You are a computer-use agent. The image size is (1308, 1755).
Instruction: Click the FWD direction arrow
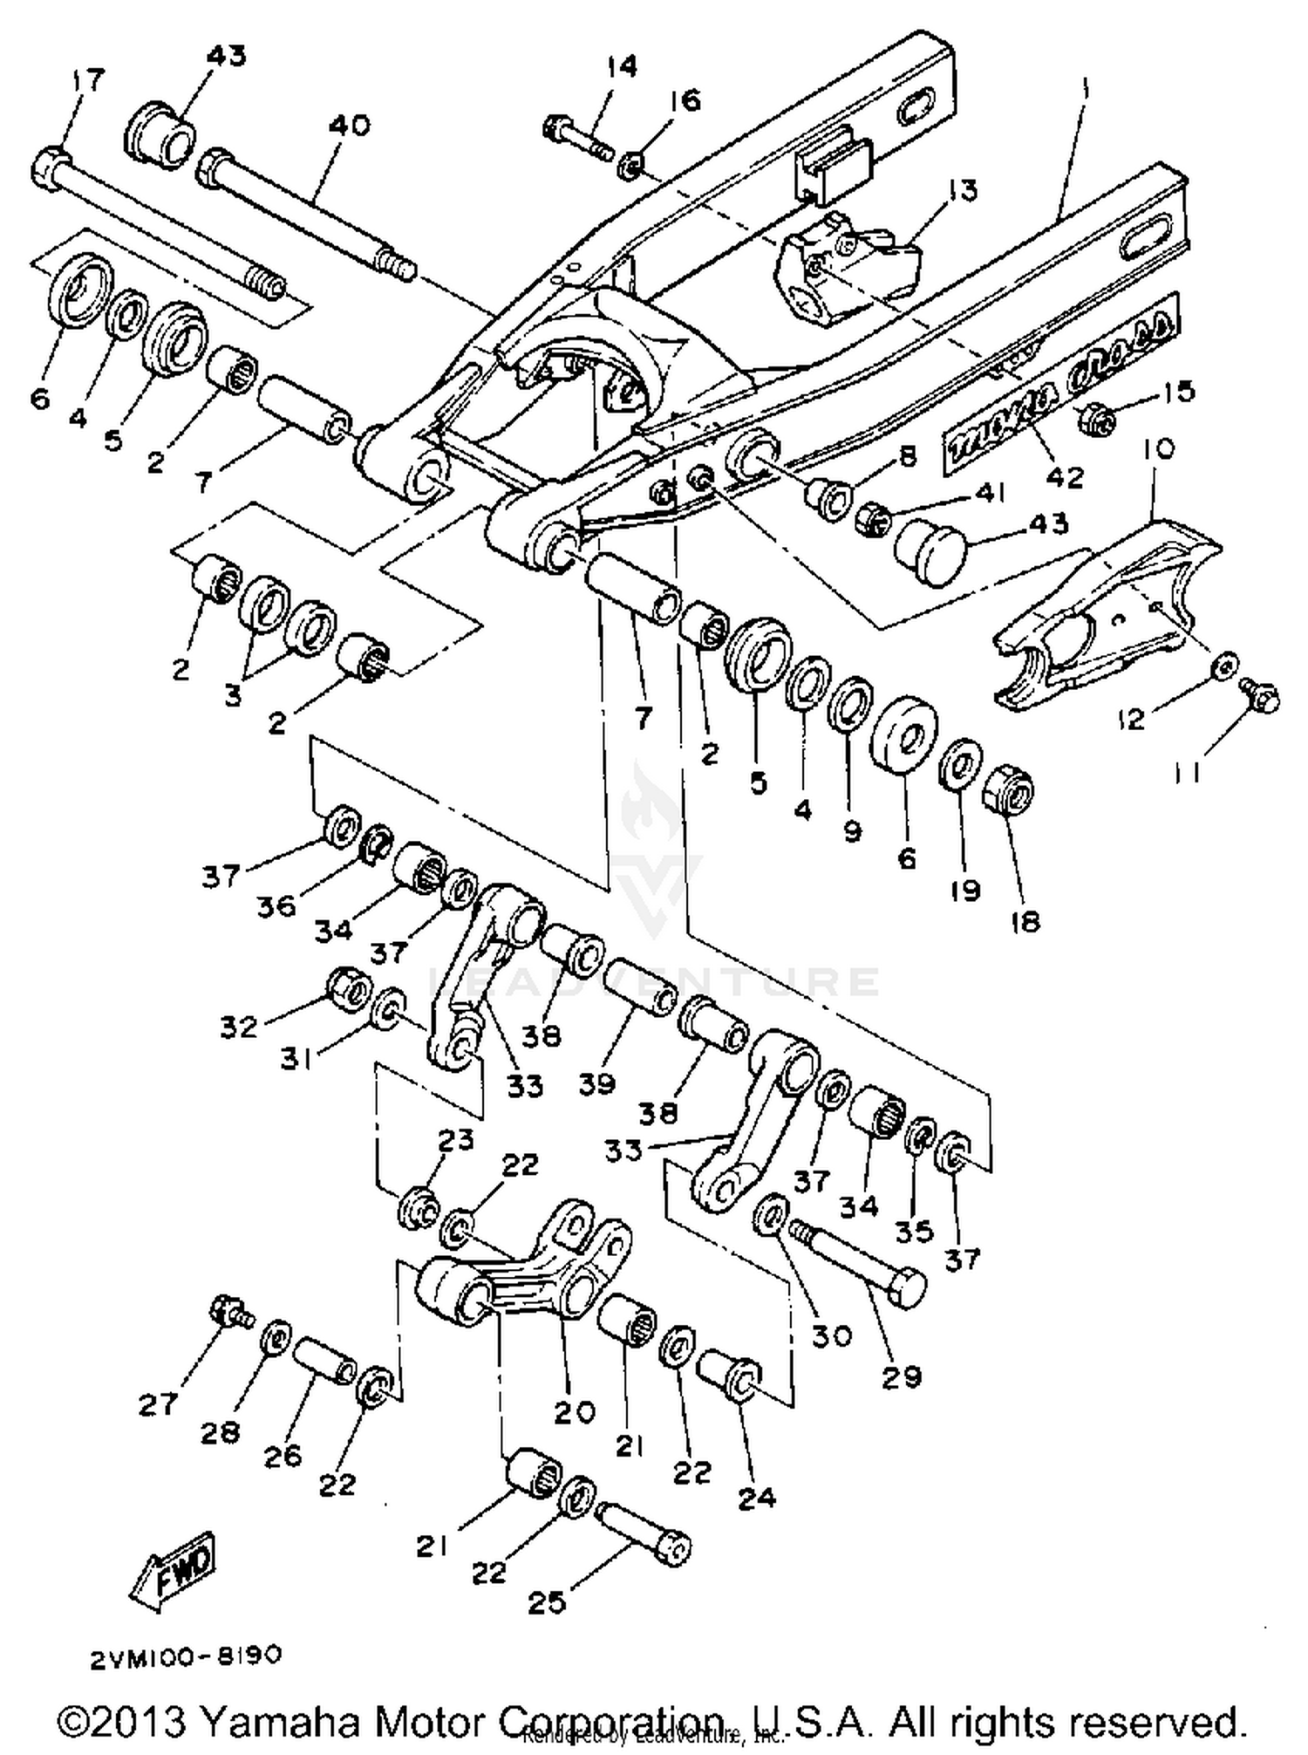(173, 1570)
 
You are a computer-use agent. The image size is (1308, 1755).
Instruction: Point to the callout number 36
(276, 905)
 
